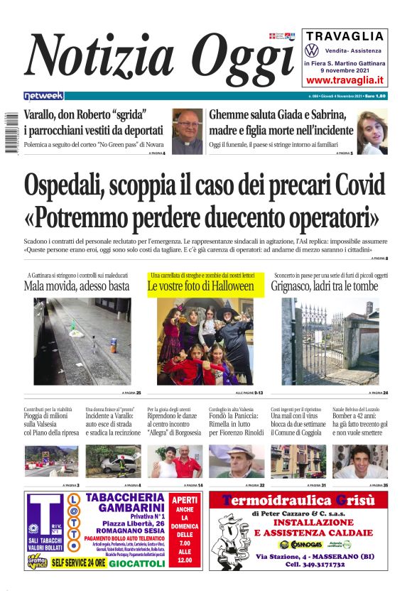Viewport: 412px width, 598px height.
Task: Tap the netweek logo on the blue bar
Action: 43,96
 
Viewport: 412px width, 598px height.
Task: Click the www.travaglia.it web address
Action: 345,80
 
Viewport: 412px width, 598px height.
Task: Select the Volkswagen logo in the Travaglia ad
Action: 311,50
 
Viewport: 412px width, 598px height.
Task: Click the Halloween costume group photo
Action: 205,342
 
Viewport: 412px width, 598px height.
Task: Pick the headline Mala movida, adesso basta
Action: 76,286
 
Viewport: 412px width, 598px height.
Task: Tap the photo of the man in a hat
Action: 237,461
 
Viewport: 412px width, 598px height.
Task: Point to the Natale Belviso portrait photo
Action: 360,461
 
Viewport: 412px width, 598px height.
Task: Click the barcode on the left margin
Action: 9,132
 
